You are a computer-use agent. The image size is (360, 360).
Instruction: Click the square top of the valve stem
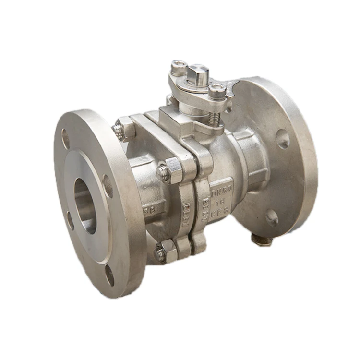(x=198, y=72)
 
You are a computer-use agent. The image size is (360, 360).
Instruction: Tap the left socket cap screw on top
(x=178, y=67)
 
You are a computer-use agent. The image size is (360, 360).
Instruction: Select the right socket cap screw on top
(x=216, y=90)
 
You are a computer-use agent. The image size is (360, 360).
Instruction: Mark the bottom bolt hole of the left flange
(x=110, y=275)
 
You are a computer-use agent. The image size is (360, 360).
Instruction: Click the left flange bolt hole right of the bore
(x=108, y=186)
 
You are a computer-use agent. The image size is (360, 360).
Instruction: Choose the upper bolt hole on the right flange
(x=283, y=139)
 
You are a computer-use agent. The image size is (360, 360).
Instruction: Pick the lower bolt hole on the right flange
(x=272, y=217)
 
